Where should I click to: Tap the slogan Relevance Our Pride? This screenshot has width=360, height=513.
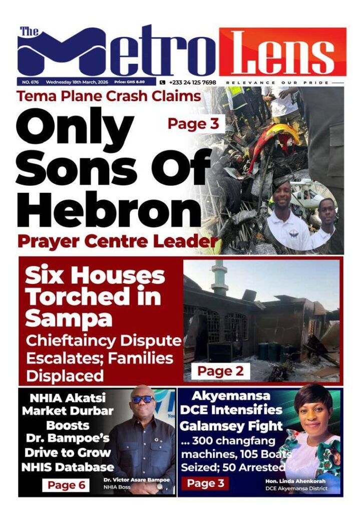(277, 82)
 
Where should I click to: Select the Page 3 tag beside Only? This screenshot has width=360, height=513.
(193, 124)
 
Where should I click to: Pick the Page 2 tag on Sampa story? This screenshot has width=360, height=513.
(220, 371)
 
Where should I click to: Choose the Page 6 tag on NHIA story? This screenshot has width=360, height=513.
(66, 484)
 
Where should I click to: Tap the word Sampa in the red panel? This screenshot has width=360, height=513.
(69, 319)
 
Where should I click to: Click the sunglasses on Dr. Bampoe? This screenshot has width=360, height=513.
(143, 399)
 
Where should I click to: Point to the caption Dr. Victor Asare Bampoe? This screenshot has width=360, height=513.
(136, 480)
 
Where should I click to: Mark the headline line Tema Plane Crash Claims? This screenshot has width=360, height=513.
(109, 96)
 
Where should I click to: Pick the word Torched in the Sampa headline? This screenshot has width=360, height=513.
(93, 297)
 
